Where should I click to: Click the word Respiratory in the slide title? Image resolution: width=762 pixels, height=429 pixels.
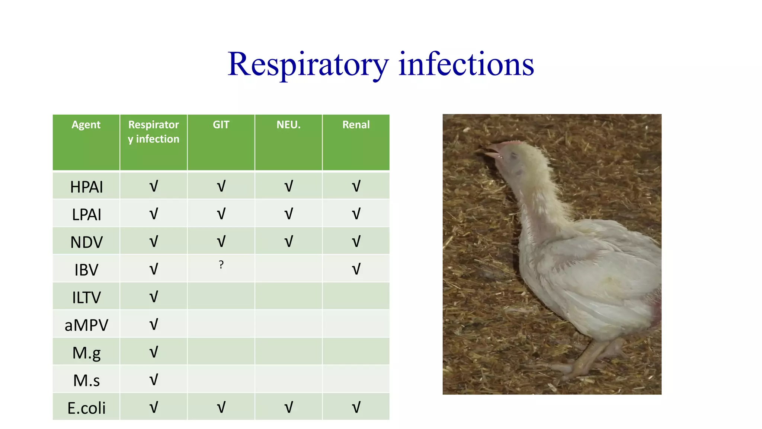coord(308,64)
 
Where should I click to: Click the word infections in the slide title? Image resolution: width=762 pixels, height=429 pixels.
coord(466,64)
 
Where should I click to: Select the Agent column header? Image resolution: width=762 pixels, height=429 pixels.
coord(86,125)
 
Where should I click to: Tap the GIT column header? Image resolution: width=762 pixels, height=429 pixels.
coord(221,125)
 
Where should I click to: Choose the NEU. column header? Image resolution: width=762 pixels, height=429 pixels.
coord(288,125)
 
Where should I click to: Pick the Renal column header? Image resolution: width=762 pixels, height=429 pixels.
coord(356,125)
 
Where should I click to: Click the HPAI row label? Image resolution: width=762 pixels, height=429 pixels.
coord(86,187)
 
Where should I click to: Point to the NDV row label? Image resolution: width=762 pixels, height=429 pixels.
coord(86,242)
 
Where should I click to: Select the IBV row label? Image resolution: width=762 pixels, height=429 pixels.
coord(86,270)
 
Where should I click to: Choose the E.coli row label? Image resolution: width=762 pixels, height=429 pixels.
coord(86,408)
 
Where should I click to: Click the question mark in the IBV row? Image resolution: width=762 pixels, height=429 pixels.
coord(221,265)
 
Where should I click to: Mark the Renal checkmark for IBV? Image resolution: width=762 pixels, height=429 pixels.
coord(356,269)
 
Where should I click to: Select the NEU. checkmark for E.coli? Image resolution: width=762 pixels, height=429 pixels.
coord(288,407)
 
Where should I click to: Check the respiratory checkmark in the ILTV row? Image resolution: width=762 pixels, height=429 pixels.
coord(154,297)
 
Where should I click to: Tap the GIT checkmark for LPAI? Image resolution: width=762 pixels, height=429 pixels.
coord(221,214)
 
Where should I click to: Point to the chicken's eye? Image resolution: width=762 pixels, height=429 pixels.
coord(514,155)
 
